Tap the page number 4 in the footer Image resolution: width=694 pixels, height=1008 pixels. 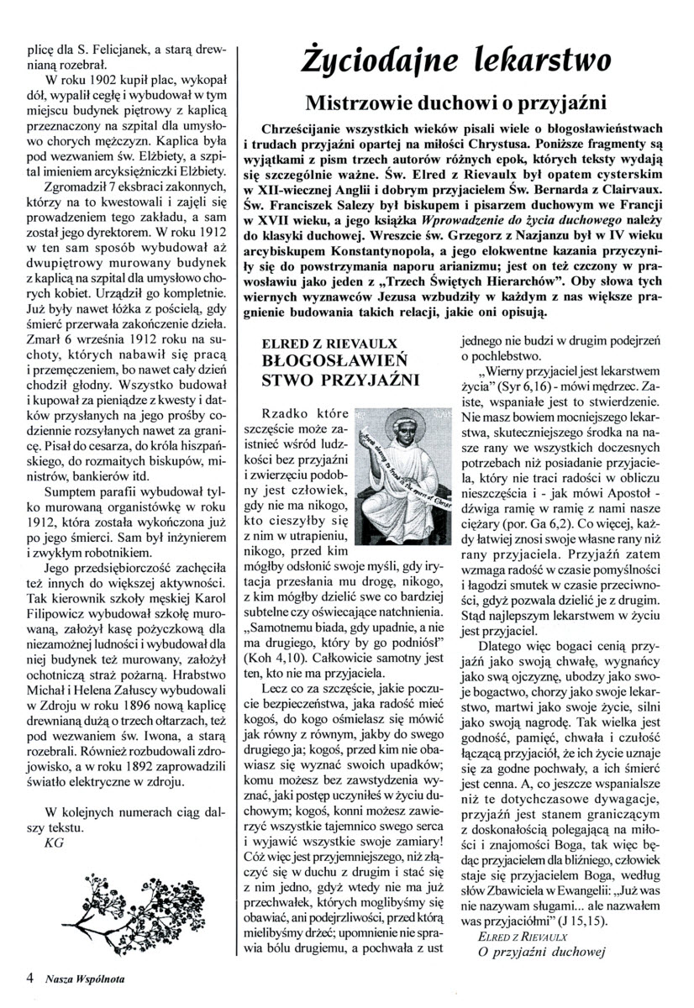tap(31, 977)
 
